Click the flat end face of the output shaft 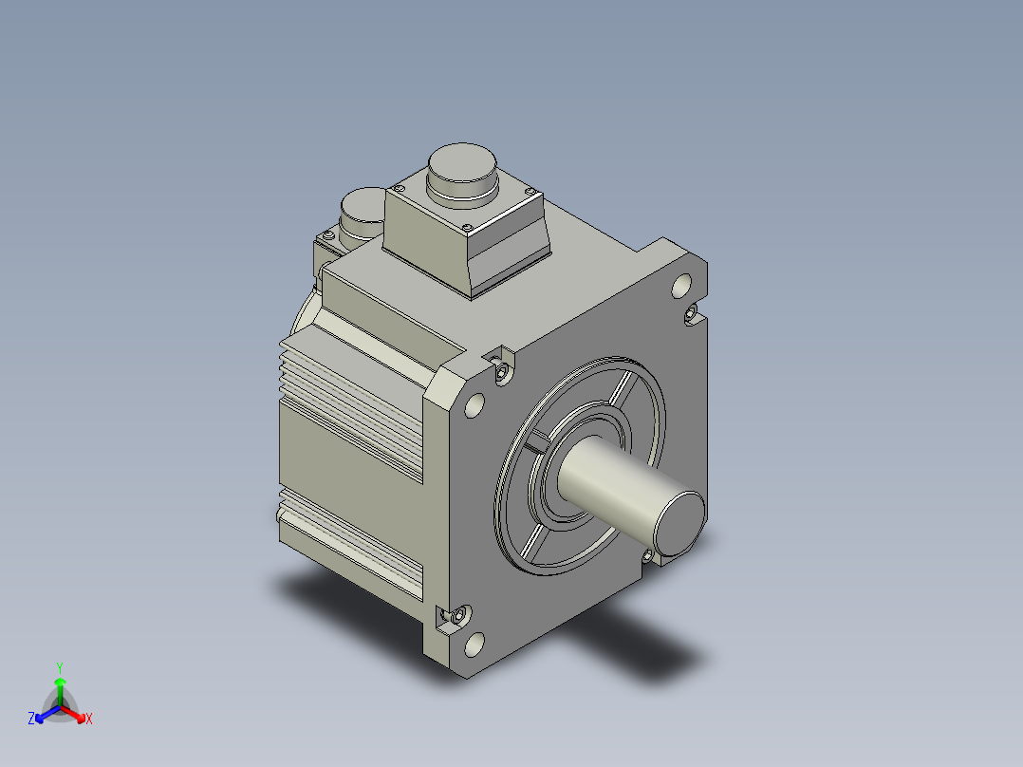point(680,524)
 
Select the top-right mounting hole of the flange point(681,286)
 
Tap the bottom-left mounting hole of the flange point(474,645)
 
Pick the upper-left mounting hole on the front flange point(474,405)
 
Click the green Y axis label point(60,667)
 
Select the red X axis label point(89,719)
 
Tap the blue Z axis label point(30,718)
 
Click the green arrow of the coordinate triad point(60,691)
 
